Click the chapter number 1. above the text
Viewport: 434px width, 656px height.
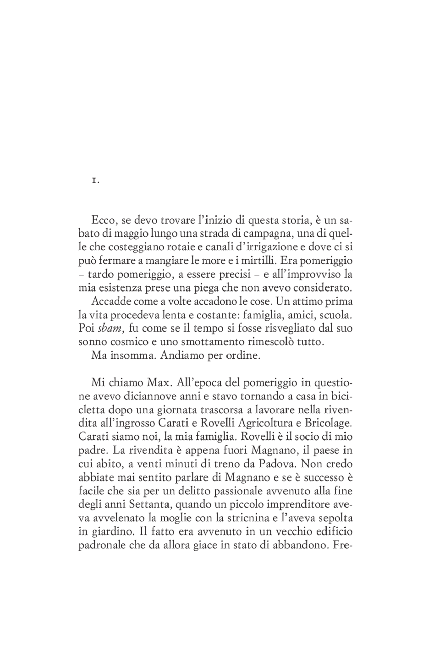95,181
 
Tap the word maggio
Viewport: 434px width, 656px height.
130,234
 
